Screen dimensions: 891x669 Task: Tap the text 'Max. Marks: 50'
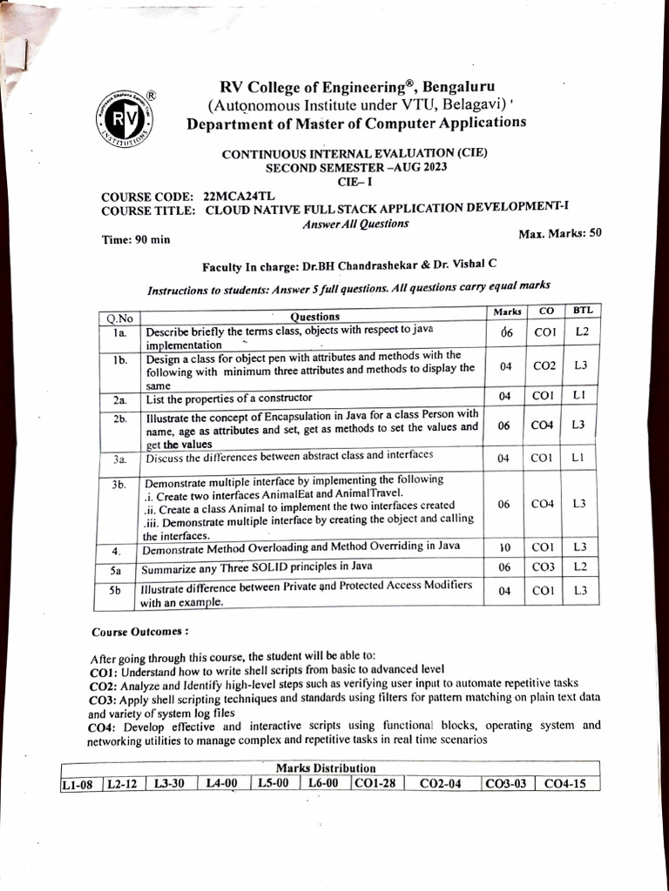click(559, 233)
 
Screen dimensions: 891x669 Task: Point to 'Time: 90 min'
click(136, 239)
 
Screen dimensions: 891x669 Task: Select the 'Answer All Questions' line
click(355, 224)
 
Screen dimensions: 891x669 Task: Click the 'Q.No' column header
click(117, 318)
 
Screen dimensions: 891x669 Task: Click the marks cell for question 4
click(505, 548)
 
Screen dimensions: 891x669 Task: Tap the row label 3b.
click(118, 485)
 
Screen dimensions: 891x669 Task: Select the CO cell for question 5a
click(545, 567)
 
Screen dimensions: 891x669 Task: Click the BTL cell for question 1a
click(581, 332)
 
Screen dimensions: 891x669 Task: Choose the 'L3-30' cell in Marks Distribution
click(170, 784)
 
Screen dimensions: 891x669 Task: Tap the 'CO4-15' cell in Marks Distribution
click(564, 784)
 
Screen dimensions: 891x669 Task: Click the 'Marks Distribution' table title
click(325, 768)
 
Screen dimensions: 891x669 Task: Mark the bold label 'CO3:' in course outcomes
click(104, 699)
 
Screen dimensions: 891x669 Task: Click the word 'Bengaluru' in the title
click(458, 87)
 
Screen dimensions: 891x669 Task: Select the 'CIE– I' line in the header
click(354, 182)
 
